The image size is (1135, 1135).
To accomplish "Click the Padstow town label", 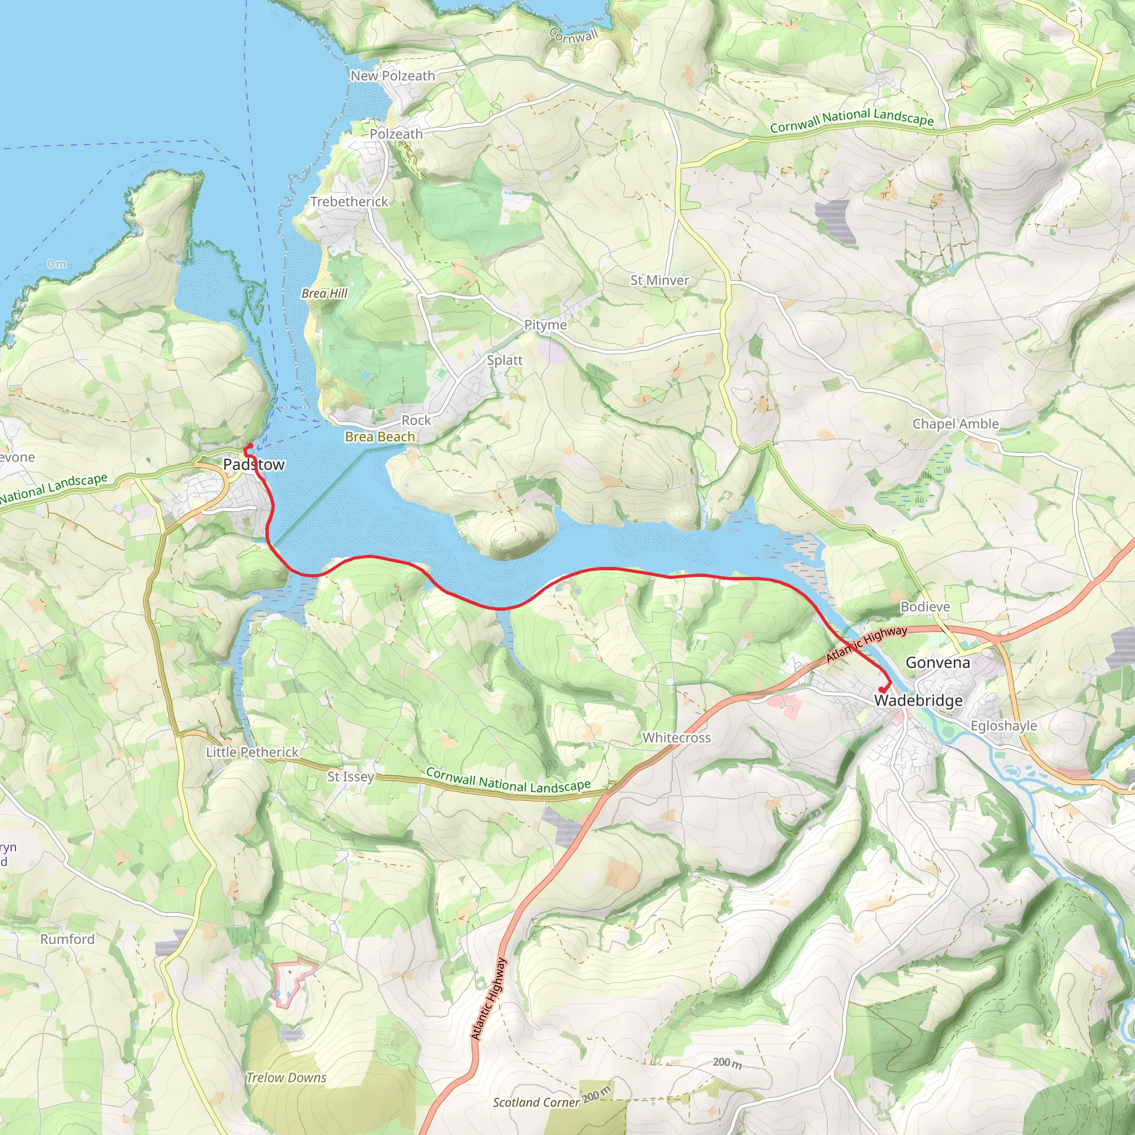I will tap(253, 464).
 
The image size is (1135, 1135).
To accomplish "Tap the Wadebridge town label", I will tap(918, 701).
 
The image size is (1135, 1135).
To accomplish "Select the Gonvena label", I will tap(938, 663).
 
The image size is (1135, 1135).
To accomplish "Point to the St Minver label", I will tap(659, 280).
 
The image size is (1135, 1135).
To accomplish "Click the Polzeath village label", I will tap(396, 134).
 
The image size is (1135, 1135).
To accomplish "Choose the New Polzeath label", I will tap(392, 76).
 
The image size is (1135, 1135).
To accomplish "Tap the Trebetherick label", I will tap(349, 202).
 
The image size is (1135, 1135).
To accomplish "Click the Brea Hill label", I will tap(324, 293).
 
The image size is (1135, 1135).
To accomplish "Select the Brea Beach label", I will tap(380, 437).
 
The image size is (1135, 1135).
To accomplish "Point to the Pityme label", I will tap(545, 325).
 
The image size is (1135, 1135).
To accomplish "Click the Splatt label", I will tap(504, 360).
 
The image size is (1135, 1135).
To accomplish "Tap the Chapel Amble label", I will tap(955, 423).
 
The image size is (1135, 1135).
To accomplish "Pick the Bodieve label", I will tap(925, 606).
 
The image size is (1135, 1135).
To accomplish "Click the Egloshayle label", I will tap(1004, 725).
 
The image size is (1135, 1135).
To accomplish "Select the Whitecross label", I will tap(676, 737).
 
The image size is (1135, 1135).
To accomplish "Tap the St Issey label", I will tap(350, 776).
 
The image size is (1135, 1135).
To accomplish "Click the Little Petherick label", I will tap(252, 752).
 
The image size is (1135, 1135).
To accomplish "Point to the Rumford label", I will tap(67, 939).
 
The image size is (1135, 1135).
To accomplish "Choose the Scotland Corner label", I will tap(536, 1102).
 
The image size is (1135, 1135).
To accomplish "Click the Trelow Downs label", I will tap(286, 1077).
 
